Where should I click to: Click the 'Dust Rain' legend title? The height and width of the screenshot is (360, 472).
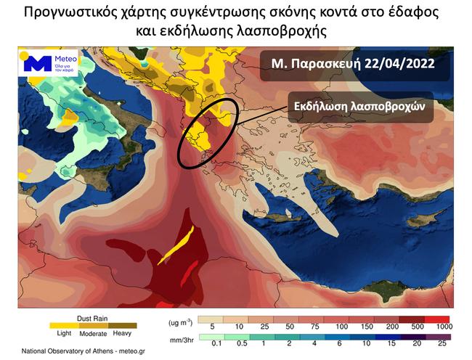(89, 317)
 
